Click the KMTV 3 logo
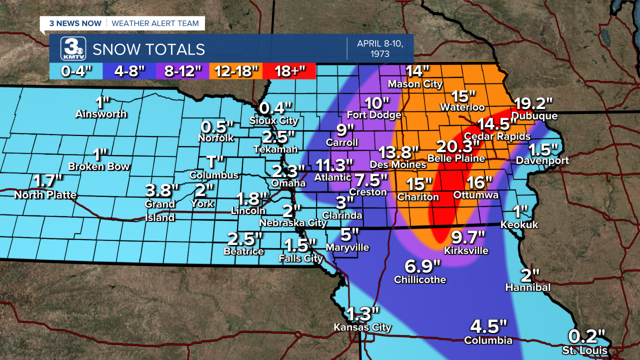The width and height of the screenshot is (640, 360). click(73, 49)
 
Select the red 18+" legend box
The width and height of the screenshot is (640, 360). click(288, 71)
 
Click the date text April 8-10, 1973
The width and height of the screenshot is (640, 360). click(378, 48)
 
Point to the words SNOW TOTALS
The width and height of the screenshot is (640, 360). click(148, 49)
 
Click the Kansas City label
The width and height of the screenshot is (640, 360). click(362, 327)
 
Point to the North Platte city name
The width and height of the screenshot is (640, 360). click(45, 195)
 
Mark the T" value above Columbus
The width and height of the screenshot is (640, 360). click(213, 162)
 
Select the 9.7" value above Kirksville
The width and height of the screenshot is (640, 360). click(467, 236)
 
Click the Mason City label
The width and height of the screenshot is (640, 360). click(415, 84)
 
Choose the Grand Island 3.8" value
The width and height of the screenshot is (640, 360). click(161, 190)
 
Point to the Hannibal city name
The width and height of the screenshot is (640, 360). click(527, 287)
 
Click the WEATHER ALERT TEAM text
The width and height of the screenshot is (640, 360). click(155, 23)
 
